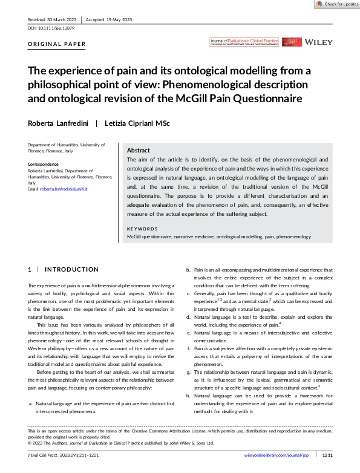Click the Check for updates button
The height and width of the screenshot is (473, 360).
point(336,4)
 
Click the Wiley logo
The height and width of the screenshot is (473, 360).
point(318,43)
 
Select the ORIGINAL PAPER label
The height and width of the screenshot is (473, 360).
point(57,44)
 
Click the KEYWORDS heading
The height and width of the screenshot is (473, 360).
point(142,229)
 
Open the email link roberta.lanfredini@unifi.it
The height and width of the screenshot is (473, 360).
point(64,189)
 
